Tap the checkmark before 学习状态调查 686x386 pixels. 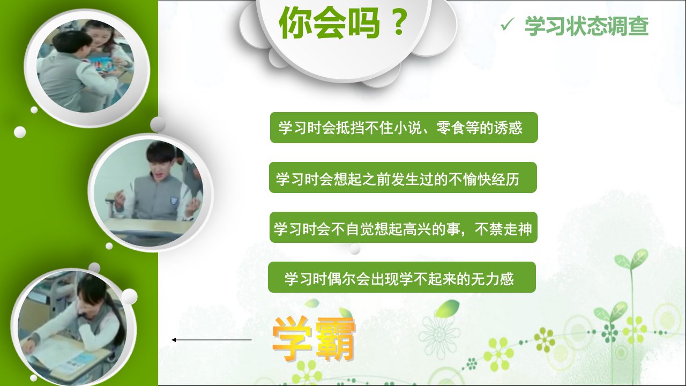tap(507, 24)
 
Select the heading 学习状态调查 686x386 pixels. tap(586, 26)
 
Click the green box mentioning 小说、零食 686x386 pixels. tap(404, 128)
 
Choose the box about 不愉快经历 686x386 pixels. tap(403, 177)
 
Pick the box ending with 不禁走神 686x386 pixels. tap(404, 227)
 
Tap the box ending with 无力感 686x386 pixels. tap(402, 277)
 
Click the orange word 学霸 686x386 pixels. tap(314, 339)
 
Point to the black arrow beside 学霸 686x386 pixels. tap(212, 340)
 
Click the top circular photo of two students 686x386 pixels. tap(86, 65)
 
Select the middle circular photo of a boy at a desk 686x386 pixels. tap(149, 193)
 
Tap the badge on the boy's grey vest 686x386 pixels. tap(174, 201)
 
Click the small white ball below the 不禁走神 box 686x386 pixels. tap(355, 249)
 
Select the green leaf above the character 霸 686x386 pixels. tap(346, 313)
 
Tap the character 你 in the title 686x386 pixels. tap(295, 23)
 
